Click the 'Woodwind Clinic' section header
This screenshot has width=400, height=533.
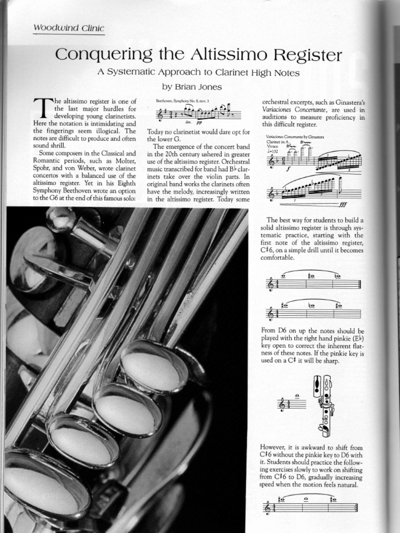pyautogui.click(x=68, y=28)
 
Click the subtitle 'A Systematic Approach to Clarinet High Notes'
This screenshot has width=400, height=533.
pyautogui.click(x=198, y=73)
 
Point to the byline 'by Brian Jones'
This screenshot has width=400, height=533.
pyautogui.click(x=192, y=87)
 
